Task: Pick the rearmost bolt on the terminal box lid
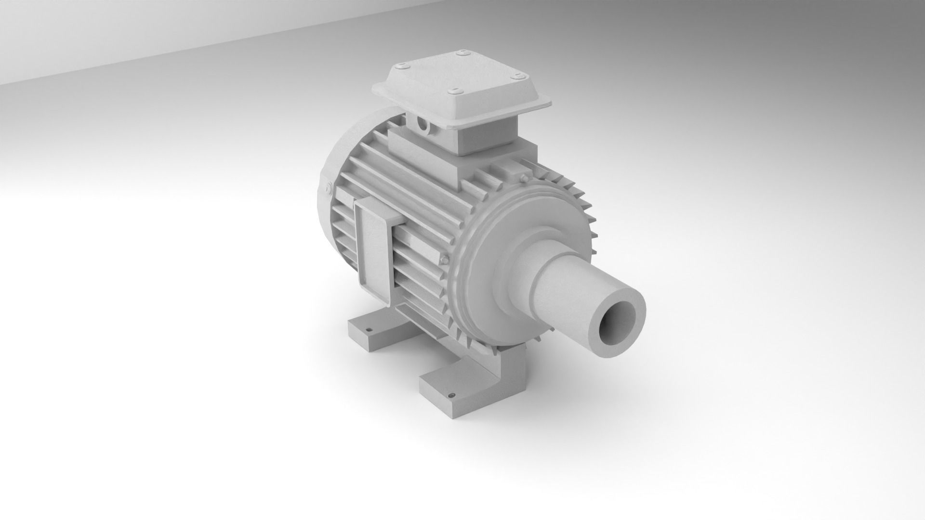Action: (x=463, y=53)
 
